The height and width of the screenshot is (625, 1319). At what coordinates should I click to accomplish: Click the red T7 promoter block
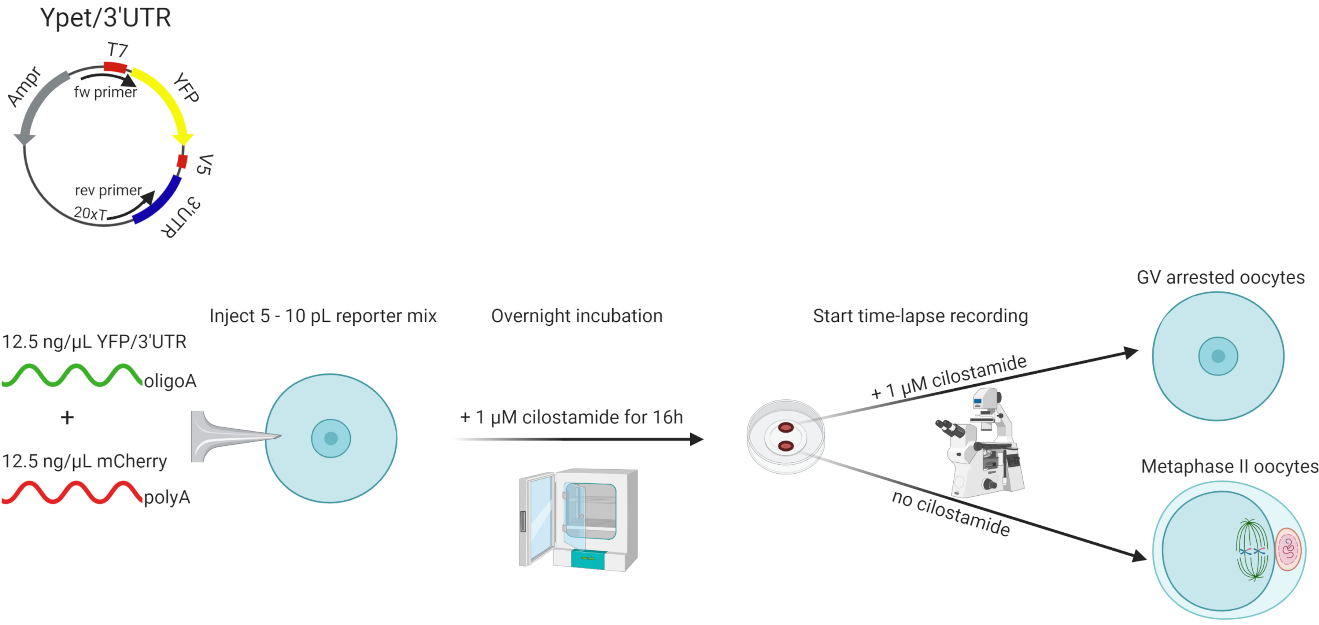point(115,67)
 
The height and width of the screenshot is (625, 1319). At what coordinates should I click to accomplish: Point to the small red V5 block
point(182,161)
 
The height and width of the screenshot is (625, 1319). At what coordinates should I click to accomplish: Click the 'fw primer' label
point(106,92)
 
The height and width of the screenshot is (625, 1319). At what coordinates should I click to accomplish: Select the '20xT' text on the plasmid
point(90,212)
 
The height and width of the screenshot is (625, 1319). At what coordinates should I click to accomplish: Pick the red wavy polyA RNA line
point(72,492)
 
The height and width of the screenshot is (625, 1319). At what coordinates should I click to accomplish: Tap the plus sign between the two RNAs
point(67,418)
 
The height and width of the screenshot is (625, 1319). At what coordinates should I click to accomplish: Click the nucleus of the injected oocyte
point(331,438)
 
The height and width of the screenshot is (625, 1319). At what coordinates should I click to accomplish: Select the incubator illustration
point(579,519)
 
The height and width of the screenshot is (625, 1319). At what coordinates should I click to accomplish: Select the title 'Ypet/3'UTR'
point(106,18)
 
